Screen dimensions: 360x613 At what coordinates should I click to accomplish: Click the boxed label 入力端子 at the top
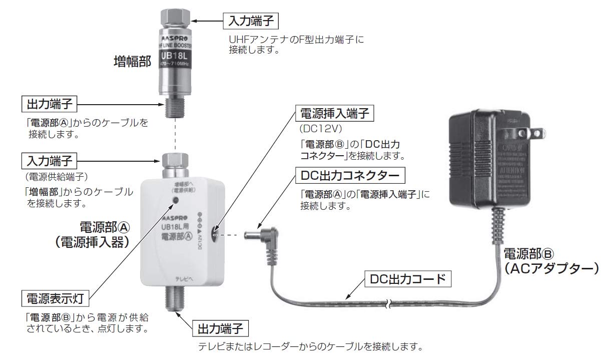pos(251,21)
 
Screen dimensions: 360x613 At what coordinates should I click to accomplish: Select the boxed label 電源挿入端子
pos(334,113)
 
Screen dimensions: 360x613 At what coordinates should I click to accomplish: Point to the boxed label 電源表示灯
pos(56,299)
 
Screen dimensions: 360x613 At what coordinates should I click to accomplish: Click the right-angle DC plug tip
pos(249,234)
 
